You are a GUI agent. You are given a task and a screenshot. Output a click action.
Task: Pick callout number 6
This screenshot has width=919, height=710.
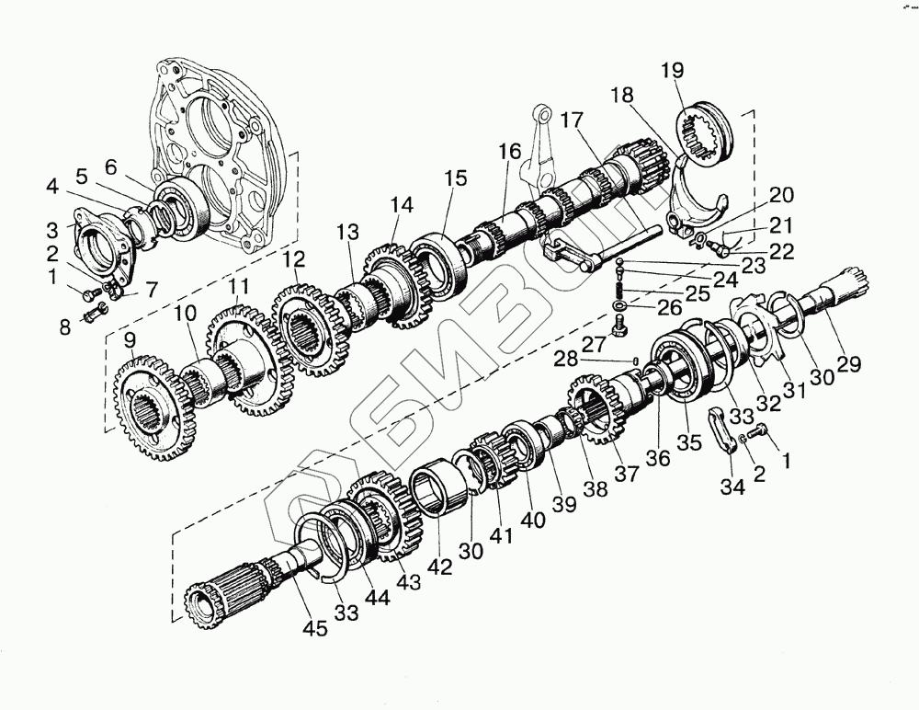(110, 166)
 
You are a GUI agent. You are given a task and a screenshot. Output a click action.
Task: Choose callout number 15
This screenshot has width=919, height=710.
(457, 177)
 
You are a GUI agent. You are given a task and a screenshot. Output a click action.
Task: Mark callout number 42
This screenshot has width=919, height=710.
(443, 567)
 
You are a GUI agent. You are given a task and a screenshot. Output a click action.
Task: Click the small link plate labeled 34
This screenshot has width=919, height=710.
(725, 429)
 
